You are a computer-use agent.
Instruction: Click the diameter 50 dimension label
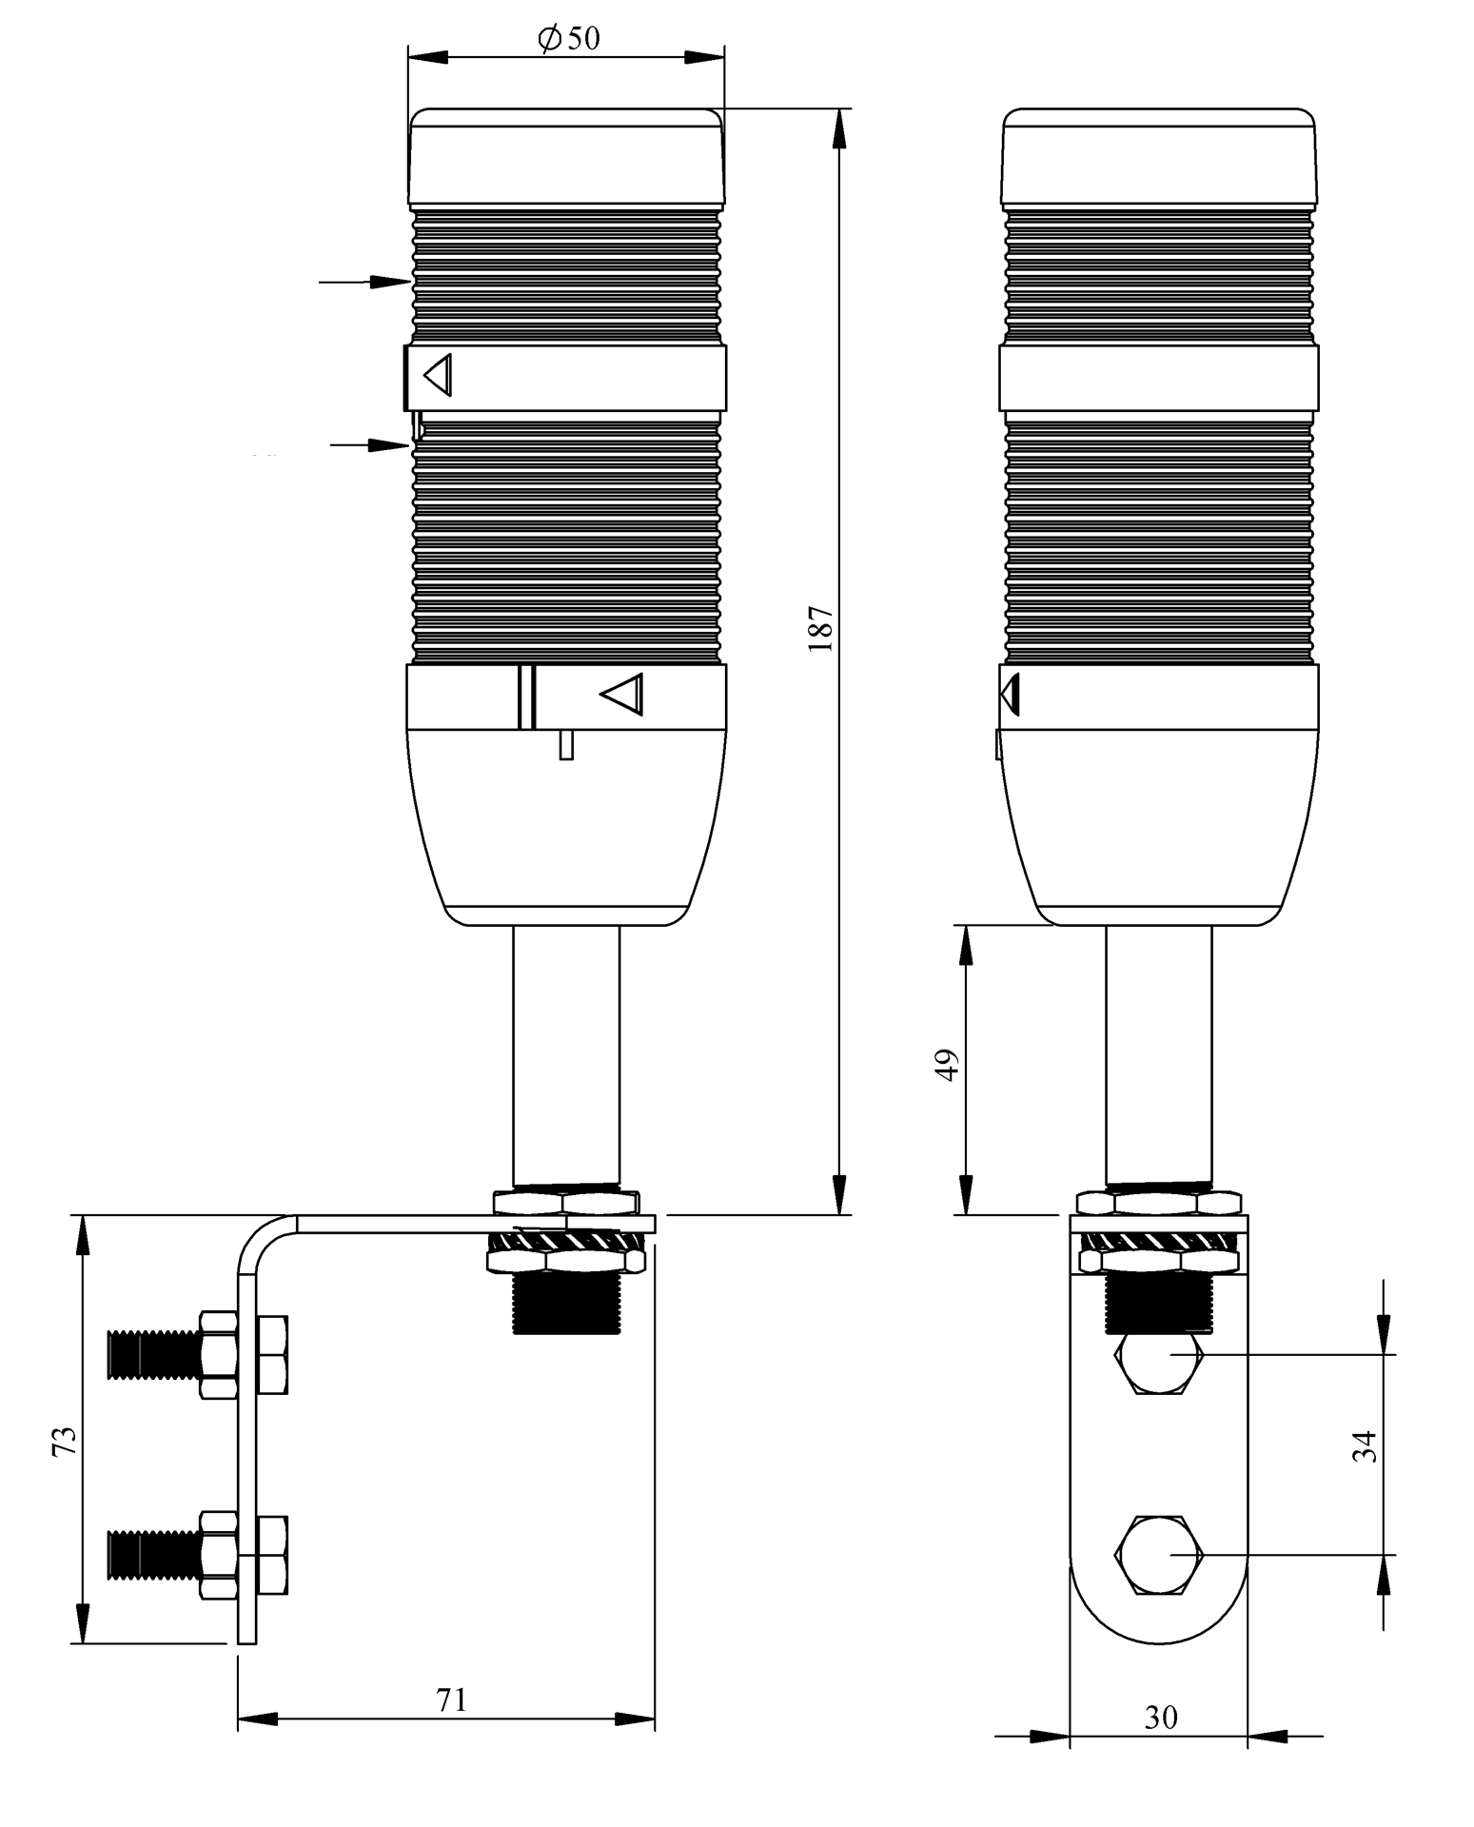(568, 39)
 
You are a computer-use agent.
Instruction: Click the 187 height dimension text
(820, 628)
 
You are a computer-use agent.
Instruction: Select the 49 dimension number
(947, 1065)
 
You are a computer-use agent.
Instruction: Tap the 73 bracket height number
(64, 1441)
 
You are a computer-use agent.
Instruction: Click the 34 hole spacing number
(1364, 1446)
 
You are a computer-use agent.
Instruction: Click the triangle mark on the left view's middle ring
(439, 375)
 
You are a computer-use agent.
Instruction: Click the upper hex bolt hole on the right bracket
(1159, 1362)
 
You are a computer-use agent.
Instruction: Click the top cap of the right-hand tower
(1158, 157)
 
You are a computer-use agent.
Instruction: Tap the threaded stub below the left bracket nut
(565, 1304)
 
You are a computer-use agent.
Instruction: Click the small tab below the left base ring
(566, 744)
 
